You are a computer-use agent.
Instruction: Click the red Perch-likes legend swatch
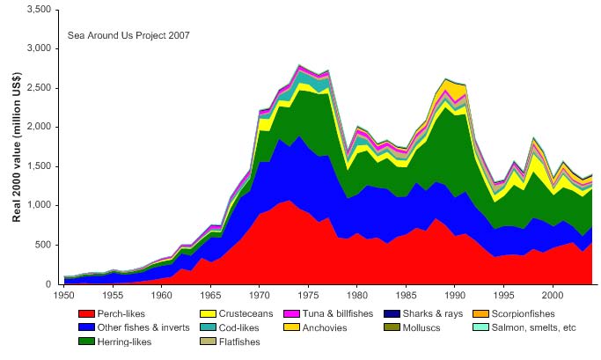86,313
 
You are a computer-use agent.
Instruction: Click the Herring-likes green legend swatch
86,342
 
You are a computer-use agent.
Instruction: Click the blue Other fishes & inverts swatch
86,327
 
